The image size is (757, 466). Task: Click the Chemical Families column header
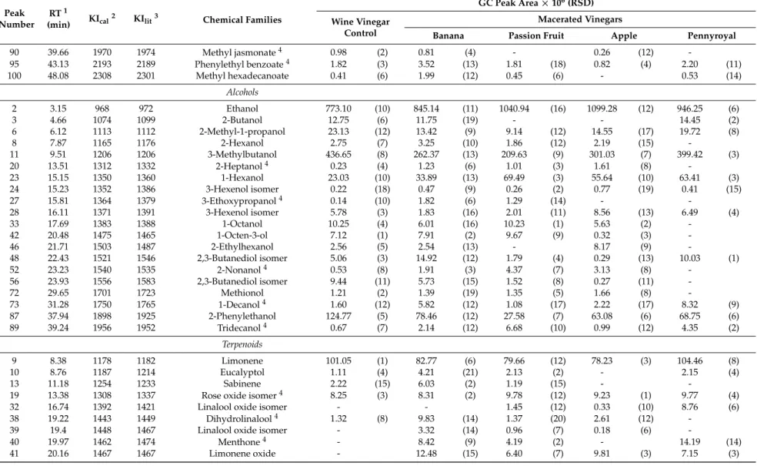[242, 20]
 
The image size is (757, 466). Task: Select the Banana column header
[448, 35]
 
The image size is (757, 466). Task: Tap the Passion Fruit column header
[536, 35]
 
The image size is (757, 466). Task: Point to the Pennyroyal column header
[712, 35]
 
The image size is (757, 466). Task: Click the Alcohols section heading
[242, 92]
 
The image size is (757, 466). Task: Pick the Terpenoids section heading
[242, 344]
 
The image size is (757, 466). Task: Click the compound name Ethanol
[242, 109]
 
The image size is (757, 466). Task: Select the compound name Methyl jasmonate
[239, 52]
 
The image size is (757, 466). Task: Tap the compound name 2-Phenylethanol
[242, 316]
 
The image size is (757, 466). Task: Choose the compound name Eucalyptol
[242, 372]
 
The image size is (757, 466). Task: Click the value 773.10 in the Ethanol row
[338, 109]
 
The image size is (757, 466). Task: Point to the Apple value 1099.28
[602, 109]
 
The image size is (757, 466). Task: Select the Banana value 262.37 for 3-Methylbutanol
[426, 155]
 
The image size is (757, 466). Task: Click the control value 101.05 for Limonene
[338, 361]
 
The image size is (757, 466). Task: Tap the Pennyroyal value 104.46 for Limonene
[690, 361]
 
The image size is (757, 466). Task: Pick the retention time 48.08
[58, 76]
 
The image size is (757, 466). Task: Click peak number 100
[14, 76]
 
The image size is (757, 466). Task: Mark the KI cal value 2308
[102, 76]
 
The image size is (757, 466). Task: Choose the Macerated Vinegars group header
[580, 20]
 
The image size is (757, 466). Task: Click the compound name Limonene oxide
[242, 454]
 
